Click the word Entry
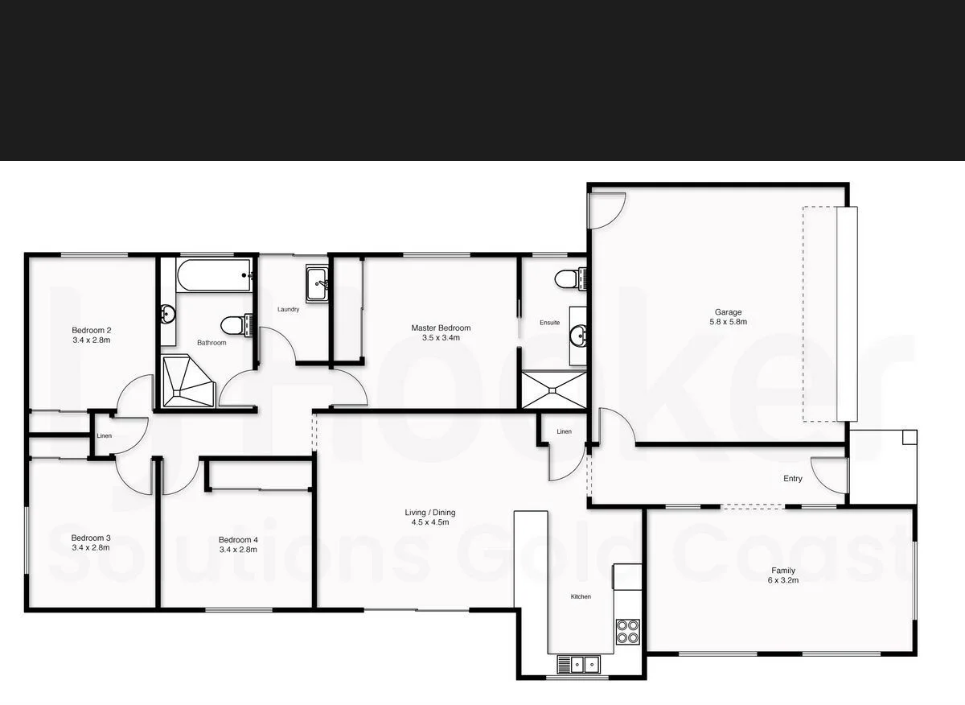click(x=792, y=479)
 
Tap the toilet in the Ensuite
click(x=570, y=278)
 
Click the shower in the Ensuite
click(x=554, y=390)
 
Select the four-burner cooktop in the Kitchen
click(x=628, y=632)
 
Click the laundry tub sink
click(x=317, y=283)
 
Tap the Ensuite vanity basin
click(x=577, y=334)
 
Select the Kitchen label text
click(x=581, y=596)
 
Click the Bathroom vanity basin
click(x=168, y=314)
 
